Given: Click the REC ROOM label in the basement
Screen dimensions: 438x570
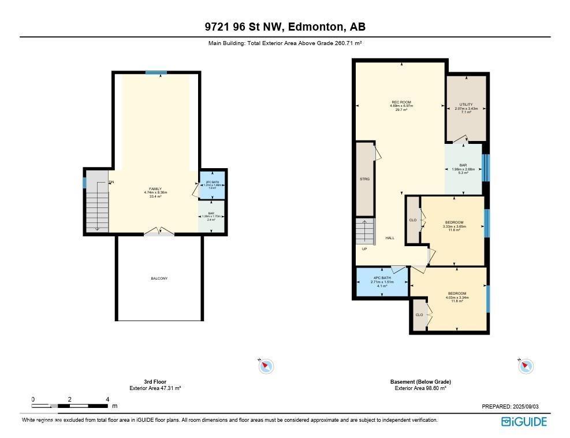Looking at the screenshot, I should pos(401,102).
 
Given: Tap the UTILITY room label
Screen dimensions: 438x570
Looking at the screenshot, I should pos(466,105).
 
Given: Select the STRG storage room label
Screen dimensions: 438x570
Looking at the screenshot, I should pos(365,179).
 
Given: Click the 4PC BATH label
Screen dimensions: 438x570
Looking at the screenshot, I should pos(382,278).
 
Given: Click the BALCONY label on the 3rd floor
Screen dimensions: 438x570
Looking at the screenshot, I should pos(159,279).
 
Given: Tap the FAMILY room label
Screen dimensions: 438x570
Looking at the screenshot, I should pos(155,189).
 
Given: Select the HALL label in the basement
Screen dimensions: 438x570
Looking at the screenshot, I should pos(390,237).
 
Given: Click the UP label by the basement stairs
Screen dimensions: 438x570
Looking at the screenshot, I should pos(364,249).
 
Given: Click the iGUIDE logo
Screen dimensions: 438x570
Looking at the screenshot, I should pos(524,422).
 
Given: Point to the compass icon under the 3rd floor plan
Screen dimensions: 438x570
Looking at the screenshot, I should pos(266,366).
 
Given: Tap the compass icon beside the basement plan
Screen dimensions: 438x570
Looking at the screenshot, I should pos(526,366).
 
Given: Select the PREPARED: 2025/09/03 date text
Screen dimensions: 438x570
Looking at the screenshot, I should pos(513,407).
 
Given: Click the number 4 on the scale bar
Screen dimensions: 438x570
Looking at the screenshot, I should pos(107,399).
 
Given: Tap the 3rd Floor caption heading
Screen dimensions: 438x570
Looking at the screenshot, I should pos(155,382).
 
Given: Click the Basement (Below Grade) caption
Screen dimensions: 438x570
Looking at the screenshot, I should pos(420,382).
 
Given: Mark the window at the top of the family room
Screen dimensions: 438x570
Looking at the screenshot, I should pos(156,72).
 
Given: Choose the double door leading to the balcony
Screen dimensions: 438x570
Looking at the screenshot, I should pos(159,232).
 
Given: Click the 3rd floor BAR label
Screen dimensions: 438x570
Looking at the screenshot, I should pos(212,213).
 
